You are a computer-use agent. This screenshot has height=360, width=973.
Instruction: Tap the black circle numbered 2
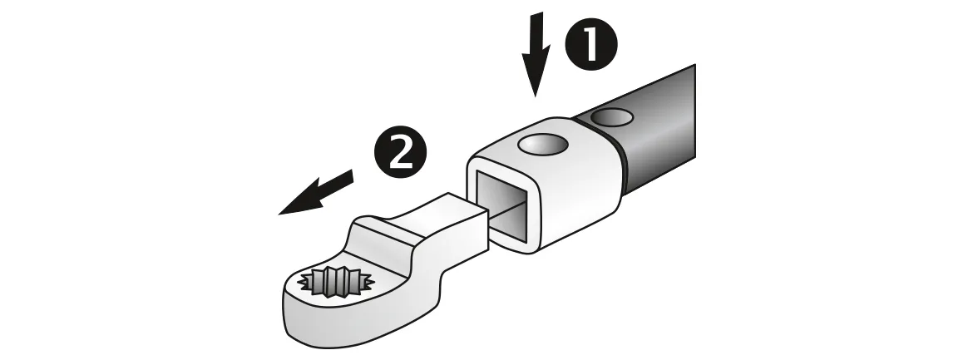click(401, 152)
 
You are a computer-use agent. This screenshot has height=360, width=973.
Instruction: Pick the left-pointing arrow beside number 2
click(315, 193)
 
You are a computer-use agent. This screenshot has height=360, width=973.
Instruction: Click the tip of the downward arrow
click(535, 97)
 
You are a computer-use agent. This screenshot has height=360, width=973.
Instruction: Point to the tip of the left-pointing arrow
click(278, 215)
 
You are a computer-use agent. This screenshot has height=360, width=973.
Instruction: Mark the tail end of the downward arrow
click(541, 12)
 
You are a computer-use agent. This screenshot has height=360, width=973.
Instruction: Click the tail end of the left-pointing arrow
click(352, 176)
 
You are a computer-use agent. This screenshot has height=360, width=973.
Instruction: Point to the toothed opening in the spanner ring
click(334, 283)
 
